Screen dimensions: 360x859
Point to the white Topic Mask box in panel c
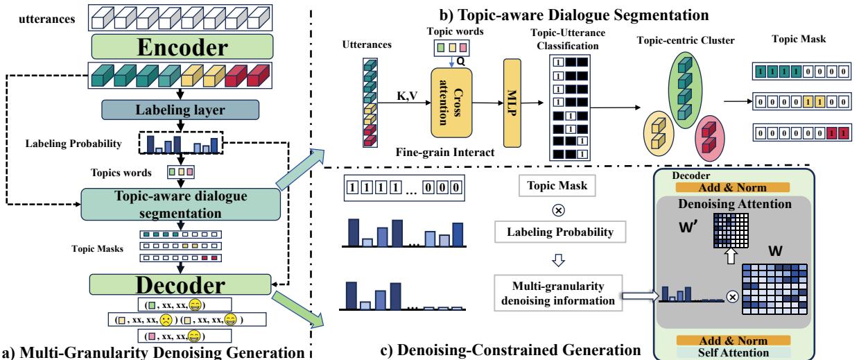click(555, 185)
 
